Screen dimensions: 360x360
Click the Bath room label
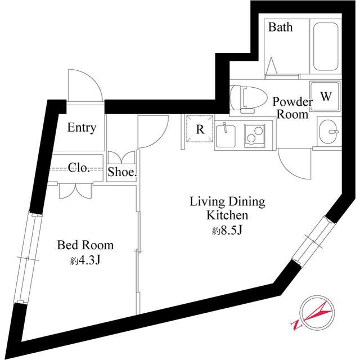[x=280, y=27]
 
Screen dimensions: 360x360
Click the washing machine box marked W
[x=325, y=96]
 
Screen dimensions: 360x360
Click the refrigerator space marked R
[x=199, y=129]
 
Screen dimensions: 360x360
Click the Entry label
[x=82, y=128]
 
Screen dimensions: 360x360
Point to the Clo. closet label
[x=79, y=168]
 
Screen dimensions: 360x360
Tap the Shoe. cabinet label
[x=122, y=172]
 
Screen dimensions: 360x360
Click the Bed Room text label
[x=85, y=245]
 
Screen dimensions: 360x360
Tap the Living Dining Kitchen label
[x=227, y=208]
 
